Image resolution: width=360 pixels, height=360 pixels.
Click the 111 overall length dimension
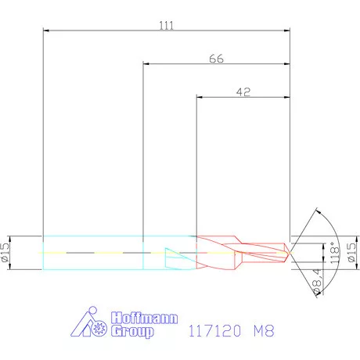pos(166,25)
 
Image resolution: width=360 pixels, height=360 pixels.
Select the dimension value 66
pos(217,59)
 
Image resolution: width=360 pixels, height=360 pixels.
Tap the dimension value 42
pos(243,92)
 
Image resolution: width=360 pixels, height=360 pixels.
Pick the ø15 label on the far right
pos(351,252)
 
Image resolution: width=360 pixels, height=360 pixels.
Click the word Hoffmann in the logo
pos(146,319)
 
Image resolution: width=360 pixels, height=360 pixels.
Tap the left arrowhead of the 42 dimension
pos(199,98)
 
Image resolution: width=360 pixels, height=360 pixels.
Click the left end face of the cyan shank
pos(42,252)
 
